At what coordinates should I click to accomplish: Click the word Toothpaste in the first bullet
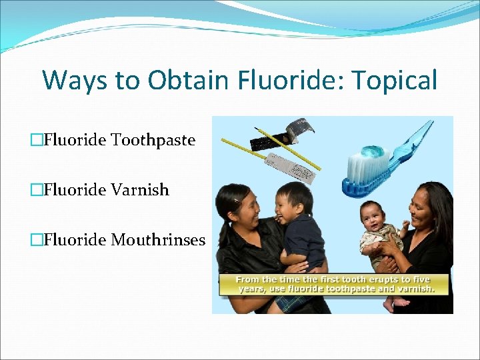click(x=153, y=141)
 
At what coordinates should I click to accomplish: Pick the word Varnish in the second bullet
click(x=140, y=190)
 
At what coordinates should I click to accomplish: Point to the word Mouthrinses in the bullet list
click(x=158, y=240)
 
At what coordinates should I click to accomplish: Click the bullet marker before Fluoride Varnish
click(x=37, y=191)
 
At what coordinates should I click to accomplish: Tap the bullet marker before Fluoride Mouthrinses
click(x=37, y=241)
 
